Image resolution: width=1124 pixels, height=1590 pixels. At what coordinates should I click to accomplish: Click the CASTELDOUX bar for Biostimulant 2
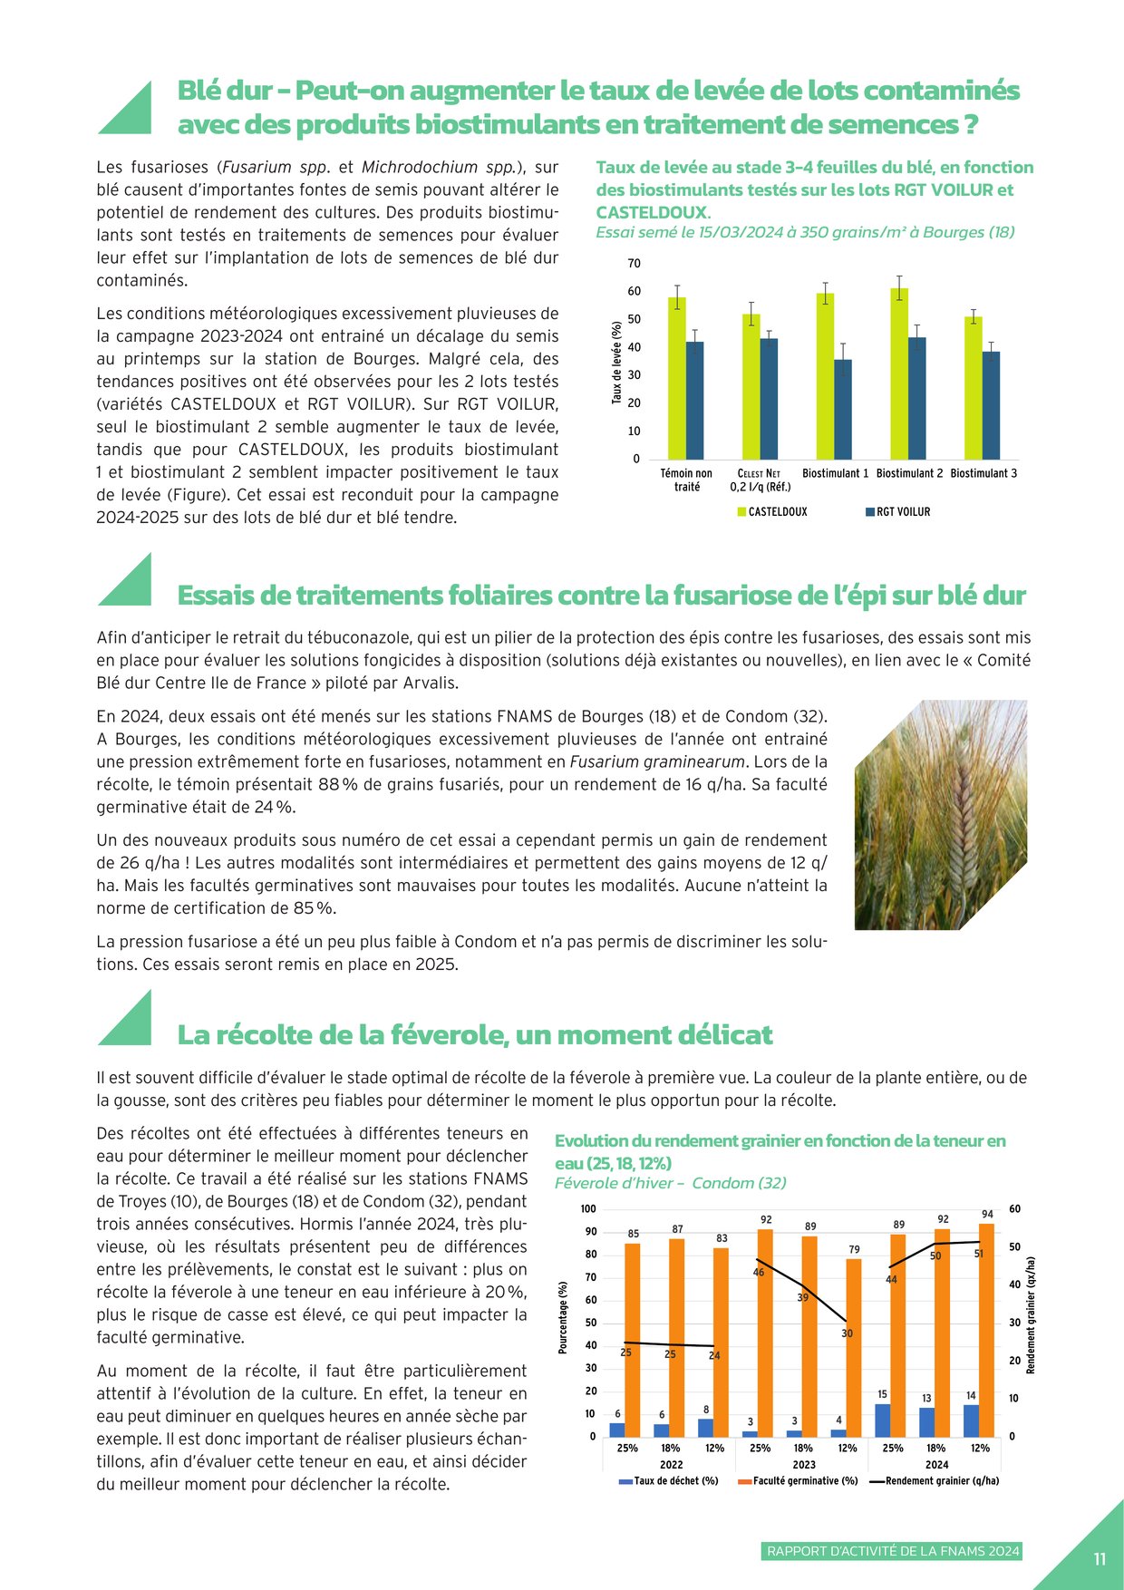(x=899, y=373)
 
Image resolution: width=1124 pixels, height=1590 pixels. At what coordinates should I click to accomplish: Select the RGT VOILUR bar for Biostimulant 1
(x=843, y=409)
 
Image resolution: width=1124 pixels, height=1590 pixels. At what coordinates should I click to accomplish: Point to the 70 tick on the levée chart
(x=634, y=264)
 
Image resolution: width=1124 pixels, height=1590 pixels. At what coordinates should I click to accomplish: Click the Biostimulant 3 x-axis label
(x=983, y=473)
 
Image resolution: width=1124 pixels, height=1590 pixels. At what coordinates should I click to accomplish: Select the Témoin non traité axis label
(x=686, y=480)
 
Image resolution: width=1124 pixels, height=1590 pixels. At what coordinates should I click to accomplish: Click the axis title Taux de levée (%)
(x=616, y=362)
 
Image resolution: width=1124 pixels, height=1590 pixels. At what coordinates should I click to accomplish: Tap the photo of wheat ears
(x=940, y=814)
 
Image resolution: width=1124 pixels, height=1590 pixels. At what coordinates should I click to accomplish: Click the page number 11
(x=1099, y=1559)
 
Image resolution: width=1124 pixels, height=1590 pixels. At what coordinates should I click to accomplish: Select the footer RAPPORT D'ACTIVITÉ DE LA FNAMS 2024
(x=893, y=1551)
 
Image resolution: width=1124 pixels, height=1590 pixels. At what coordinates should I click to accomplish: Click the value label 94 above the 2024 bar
(x=987, y=1214)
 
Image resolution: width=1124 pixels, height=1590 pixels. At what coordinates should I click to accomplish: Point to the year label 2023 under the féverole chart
(x=804, y=1464)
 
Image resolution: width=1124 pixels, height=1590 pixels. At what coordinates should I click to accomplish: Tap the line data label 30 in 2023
(x=847, y=1333)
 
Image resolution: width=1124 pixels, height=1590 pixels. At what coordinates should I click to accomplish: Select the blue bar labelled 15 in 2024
(x=883, y=1420)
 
